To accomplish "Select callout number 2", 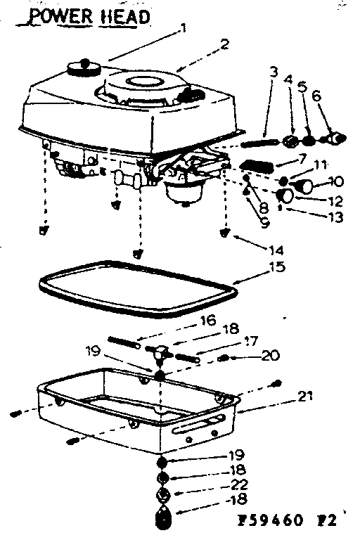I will pyautogui.click(x=224, y=44).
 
